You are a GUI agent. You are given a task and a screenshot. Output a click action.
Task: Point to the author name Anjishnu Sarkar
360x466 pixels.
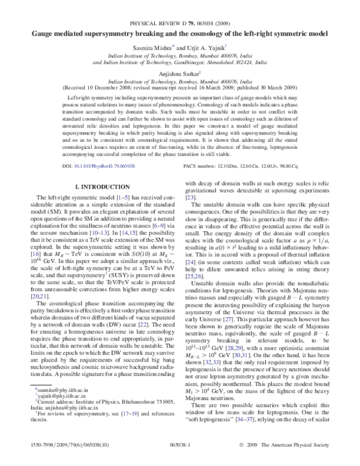(x=179, y=73)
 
